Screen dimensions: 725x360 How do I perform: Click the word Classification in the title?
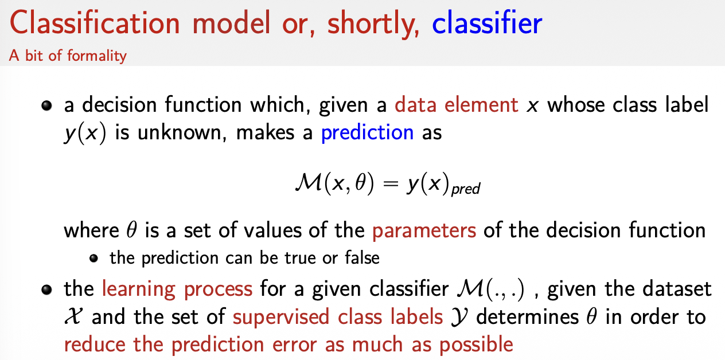(95, 22)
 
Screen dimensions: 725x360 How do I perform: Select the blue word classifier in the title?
(487, 22)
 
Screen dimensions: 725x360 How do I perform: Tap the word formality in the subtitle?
(97, 56)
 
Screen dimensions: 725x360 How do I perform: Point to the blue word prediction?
(367, 132)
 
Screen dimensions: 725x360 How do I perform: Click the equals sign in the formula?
(390, 184)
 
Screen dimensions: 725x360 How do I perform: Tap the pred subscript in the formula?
(466, 189)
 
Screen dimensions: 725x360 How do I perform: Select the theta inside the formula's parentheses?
(360, 183)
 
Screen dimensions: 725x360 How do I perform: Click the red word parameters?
(424, 230)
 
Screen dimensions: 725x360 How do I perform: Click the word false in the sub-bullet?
(362, 257)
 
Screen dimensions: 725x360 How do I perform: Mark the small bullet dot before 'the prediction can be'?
(94, 258)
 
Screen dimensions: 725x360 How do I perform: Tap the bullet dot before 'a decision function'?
(47, 106)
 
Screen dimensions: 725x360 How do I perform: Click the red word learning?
(139, 289)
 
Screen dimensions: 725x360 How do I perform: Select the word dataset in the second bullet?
(677, 289)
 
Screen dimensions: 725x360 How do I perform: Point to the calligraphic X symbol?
(73, 316)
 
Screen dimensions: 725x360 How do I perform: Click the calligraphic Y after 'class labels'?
(459, 318)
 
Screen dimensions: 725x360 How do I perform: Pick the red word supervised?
(281, 317)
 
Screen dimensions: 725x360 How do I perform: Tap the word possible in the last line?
(476, 345)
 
